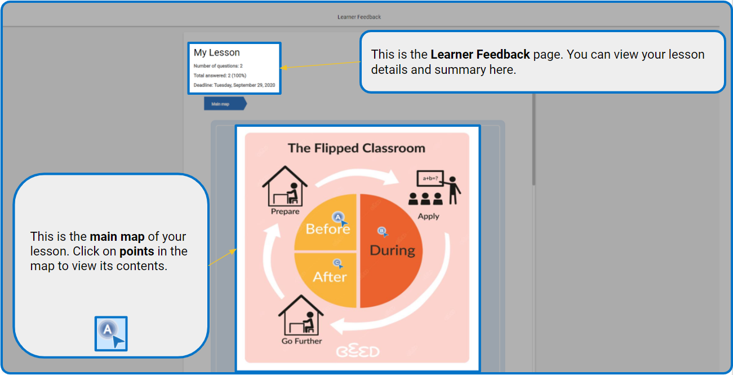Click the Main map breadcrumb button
225,104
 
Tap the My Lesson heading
216,52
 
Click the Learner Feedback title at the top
359,17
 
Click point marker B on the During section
383,232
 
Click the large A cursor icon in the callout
111,334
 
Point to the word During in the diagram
392,250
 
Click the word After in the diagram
330,277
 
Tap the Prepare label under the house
285,211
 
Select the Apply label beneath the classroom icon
428,217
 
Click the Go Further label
302,341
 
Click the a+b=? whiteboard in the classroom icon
430,179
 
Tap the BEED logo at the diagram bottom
358,351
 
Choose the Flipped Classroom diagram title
356,148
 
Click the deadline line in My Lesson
234,85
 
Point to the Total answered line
220,76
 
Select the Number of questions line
218,66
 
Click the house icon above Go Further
301,315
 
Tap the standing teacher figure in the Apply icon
452,190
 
